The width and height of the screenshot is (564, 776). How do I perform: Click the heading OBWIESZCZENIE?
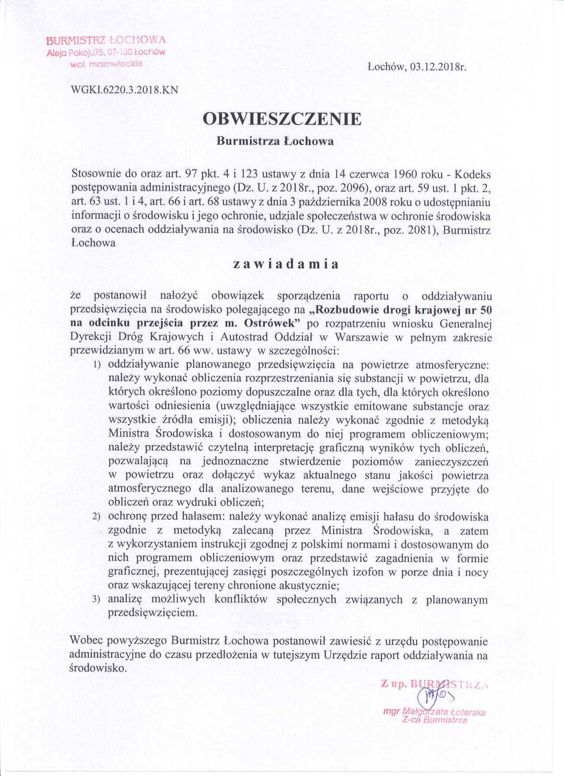[282, 119]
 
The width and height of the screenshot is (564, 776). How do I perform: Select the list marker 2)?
[96, 517]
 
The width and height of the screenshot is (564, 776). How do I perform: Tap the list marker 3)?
[96, 600]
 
